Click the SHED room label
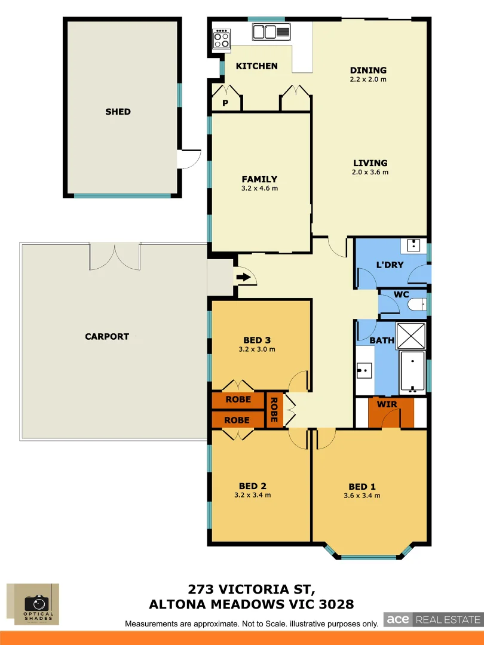point(118,112)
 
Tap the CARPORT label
point(107,336)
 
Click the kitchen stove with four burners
point(222,39)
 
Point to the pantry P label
point(225,103)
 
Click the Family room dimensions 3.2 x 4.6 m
point(259,188)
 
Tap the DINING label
point(368,70)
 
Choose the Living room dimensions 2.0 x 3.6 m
point(370,172)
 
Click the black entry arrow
point(243,277)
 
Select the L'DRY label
point(390,265)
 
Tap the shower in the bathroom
point(411,336)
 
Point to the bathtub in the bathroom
point(412,371)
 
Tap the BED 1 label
point(362,486)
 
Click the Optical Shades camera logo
point(37,604)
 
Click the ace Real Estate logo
point(432,619)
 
